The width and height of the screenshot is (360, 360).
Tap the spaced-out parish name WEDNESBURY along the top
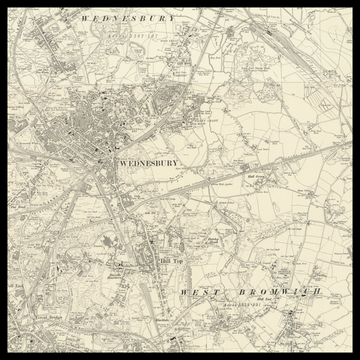(126, 18)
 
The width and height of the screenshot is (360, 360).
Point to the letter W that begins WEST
(183, 292)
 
